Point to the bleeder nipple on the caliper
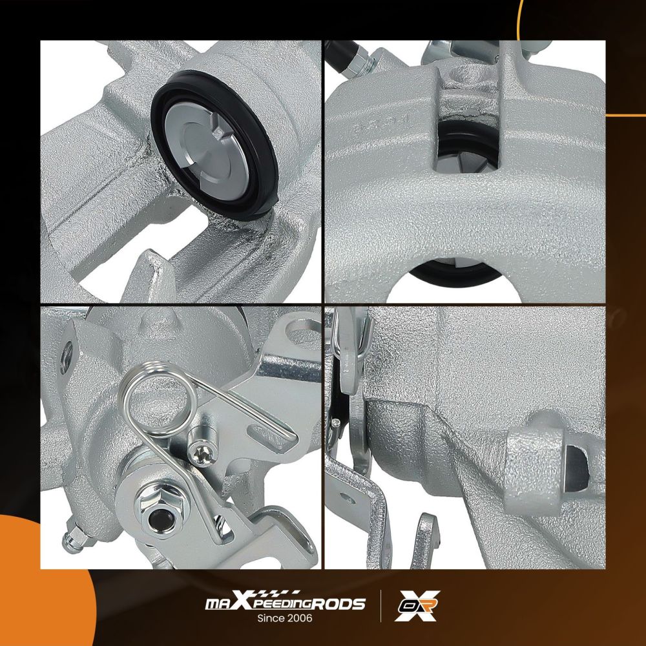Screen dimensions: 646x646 [74, 537]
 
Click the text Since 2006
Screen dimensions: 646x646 [285, 618]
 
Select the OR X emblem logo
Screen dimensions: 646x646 [417, 606]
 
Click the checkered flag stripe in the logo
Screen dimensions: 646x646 [282, 594]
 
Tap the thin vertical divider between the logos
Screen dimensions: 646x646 [380, 606]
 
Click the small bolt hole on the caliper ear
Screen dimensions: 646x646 [66, 357]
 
